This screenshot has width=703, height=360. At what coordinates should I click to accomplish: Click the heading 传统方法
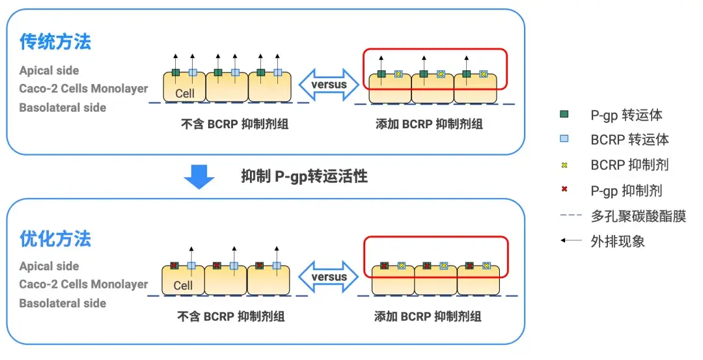click(55, 42)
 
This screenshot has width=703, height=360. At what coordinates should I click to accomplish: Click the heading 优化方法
click(55, 239)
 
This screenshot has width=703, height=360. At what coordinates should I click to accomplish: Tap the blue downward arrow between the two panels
click(199, 176)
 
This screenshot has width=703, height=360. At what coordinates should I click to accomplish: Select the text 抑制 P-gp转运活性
click(304, 176)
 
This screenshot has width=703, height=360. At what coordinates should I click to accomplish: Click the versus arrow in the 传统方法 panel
click(329, 85)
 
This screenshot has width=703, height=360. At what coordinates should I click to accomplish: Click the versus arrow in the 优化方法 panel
click(329, 277)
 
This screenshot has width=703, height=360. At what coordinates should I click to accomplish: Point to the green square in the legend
click(564, 115)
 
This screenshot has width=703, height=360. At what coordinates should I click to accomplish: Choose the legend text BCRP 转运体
click(629, 139)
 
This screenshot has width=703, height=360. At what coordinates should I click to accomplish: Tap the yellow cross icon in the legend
click(564, 165)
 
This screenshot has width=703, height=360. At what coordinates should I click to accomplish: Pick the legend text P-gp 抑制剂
click(626, 190)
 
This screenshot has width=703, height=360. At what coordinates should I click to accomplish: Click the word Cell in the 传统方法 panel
click(185, 93)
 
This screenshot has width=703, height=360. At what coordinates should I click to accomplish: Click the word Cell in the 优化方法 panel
click(183, 285)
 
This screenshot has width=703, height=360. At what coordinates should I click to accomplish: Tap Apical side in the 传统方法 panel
click(49, 70)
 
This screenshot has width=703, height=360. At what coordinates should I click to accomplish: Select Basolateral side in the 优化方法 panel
click(62, 303)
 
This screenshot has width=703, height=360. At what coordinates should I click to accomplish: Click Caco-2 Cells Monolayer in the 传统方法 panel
click(83, 89)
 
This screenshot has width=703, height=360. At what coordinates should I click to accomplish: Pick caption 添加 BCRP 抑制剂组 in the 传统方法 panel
click(429, 124)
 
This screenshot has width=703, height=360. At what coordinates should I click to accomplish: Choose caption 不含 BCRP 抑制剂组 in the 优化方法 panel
click(231, 317)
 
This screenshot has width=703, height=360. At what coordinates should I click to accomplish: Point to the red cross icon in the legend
click(564, 190)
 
